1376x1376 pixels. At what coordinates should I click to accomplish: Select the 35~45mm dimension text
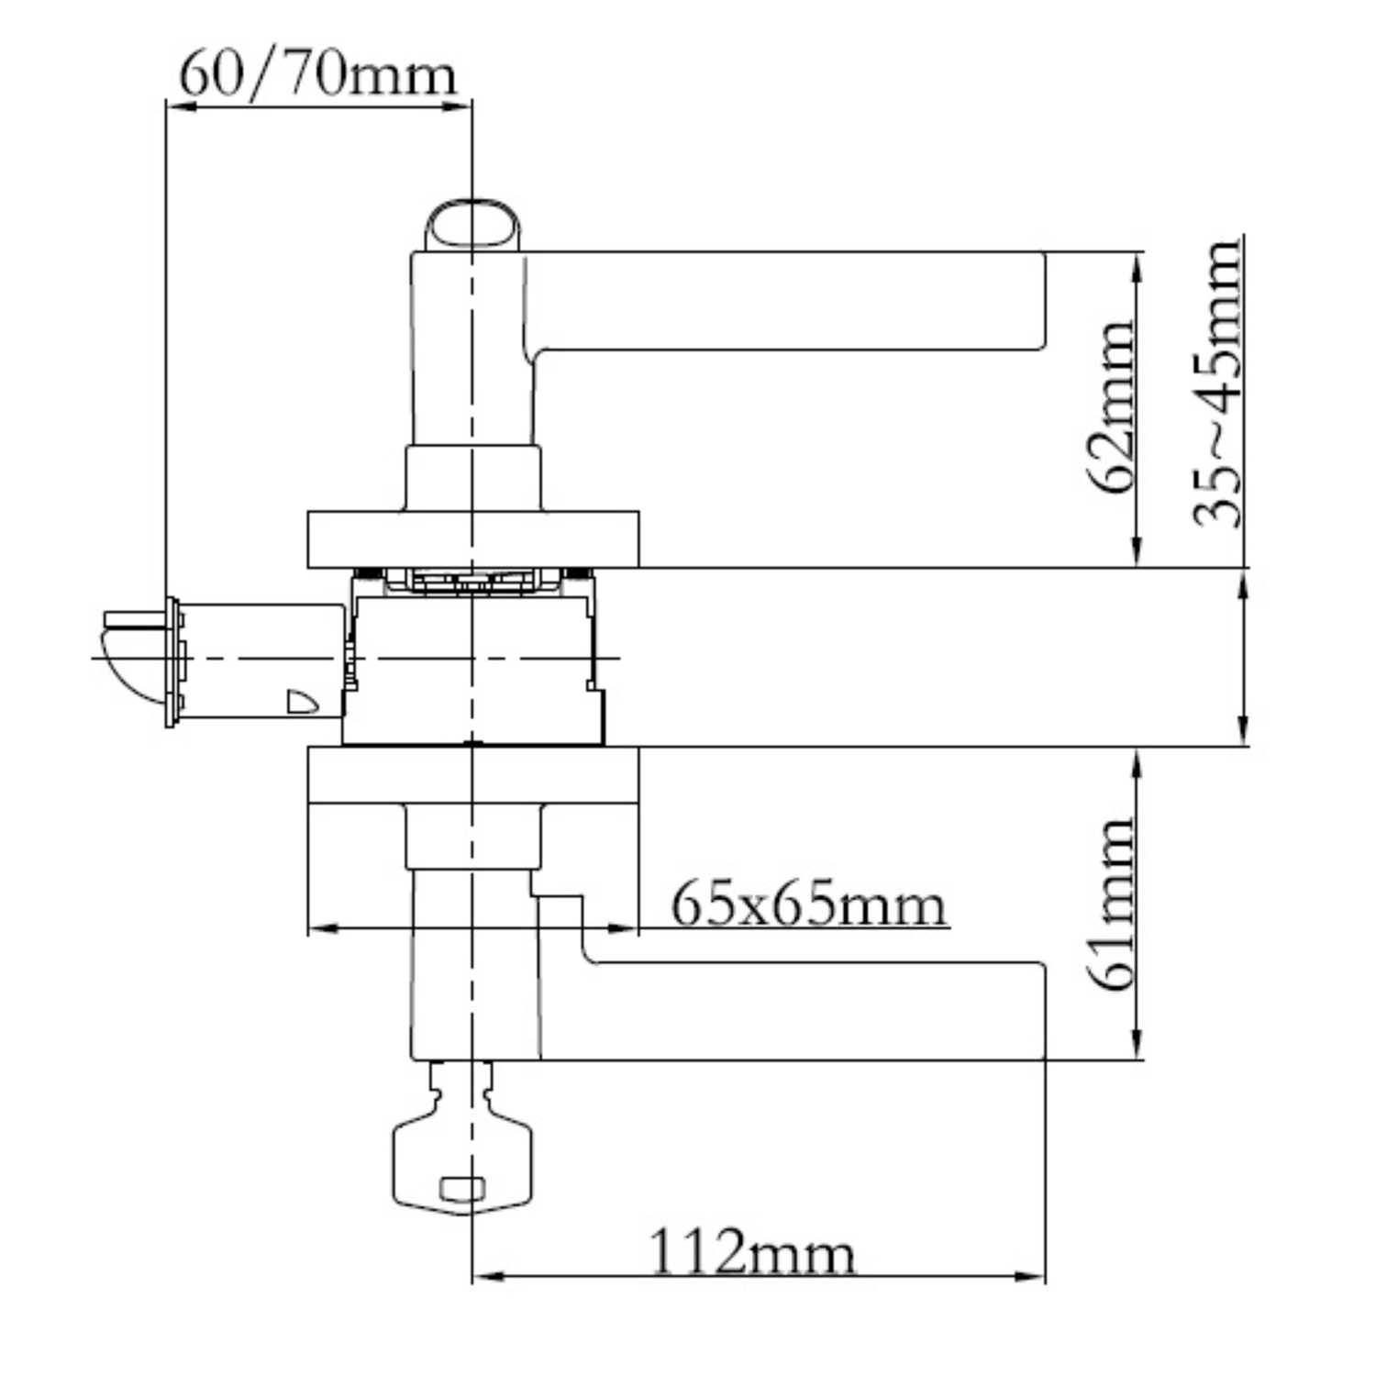click(1217, 383)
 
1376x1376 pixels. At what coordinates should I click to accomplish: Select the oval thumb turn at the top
click(472, 225)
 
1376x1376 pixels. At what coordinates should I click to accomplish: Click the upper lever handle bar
click(789, 301)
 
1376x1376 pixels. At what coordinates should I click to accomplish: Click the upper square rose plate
click(472, 539)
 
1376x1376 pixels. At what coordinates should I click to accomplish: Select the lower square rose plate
click(472, 775)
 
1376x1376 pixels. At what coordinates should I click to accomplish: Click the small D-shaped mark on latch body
click(302, 701)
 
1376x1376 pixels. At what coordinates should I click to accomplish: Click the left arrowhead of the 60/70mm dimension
click(181, 106)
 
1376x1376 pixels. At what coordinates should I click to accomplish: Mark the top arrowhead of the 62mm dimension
click(1137, 268)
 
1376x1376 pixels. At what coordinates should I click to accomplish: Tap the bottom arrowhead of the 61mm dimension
click(1137, 1045)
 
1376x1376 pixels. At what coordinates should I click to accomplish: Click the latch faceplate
click(172, 662)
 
